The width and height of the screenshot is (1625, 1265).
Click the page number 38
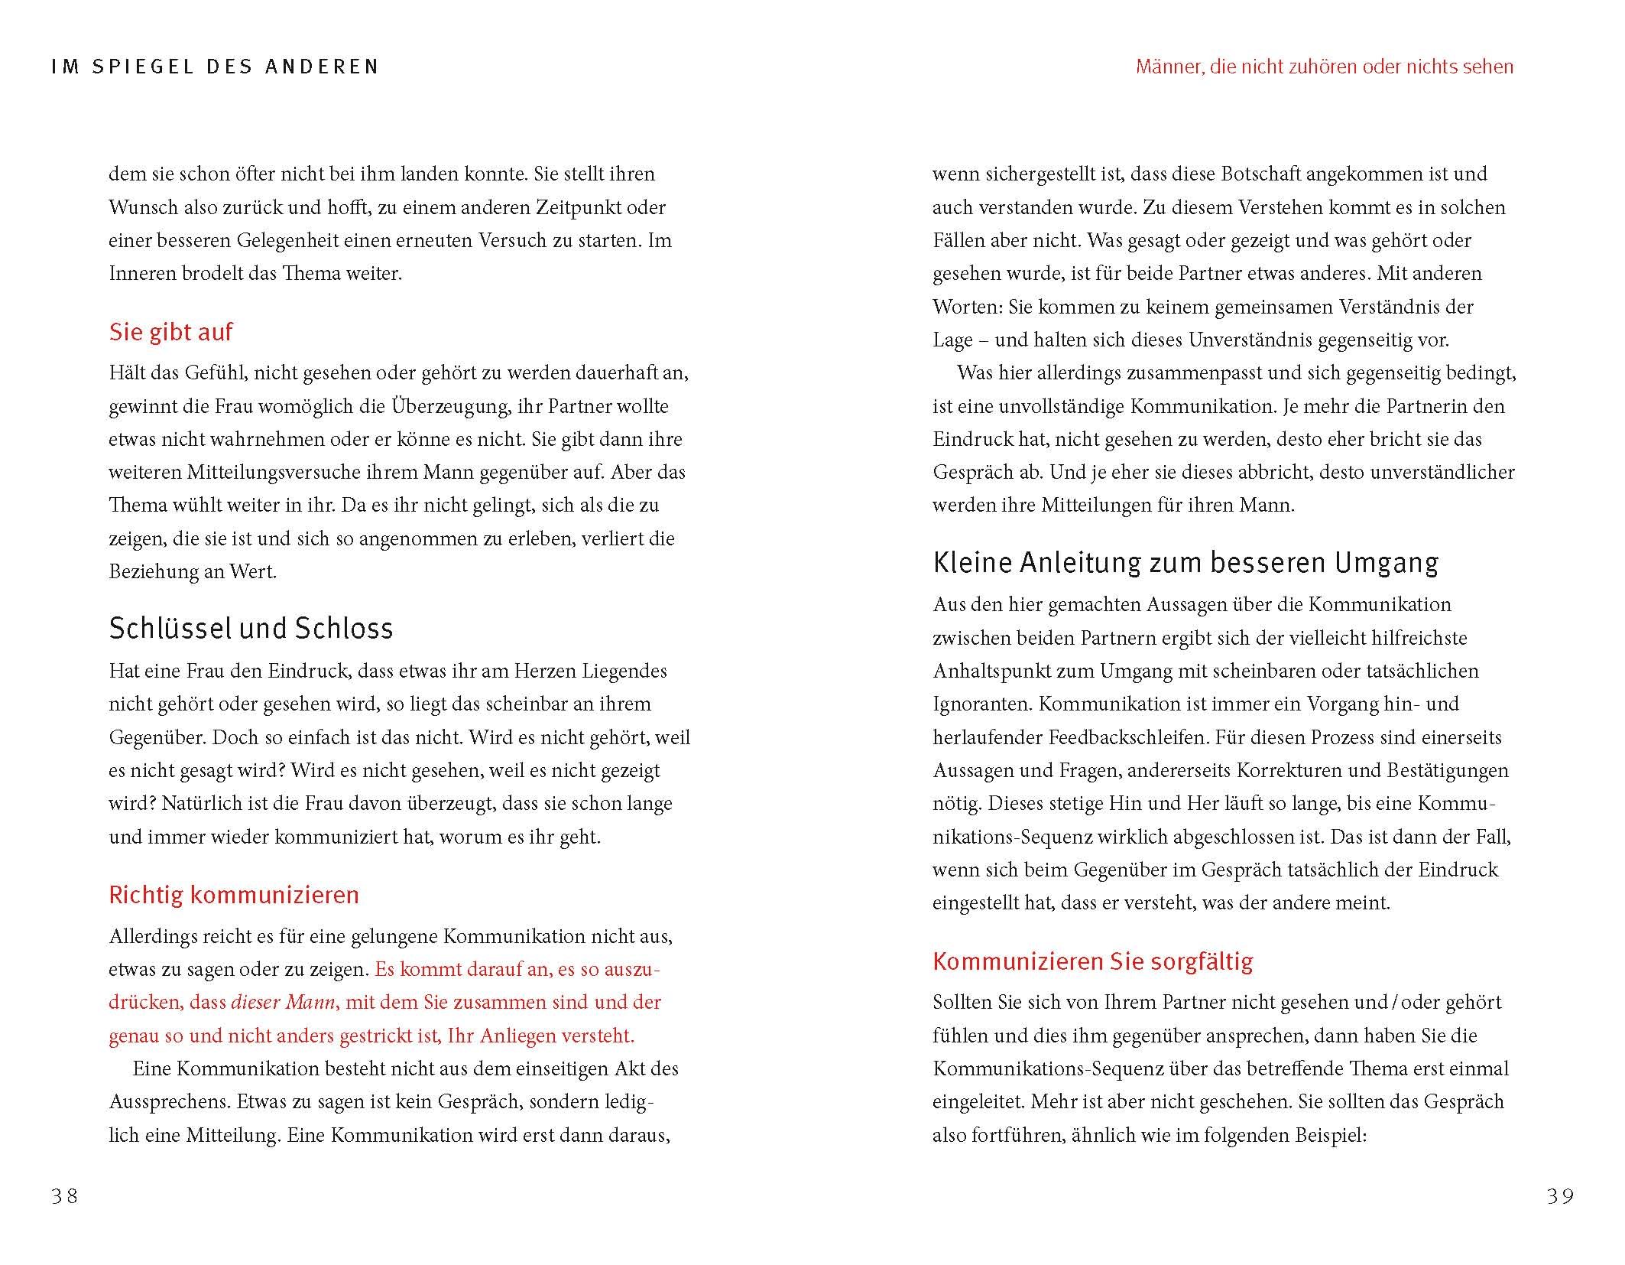coord(65,1195)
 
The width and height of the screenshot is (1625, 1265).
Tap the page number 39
coord(1560,1195)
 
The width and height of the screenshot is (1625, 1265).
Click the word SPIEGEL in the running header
coord(141,67)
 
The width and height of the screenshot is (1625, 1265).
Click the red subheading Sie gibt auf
coord(170,332)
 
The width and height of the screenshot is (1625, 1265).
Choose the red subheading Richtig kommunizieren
coord(234,895)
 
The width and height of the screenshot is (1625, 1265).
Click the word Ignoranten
coord(982,704)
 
